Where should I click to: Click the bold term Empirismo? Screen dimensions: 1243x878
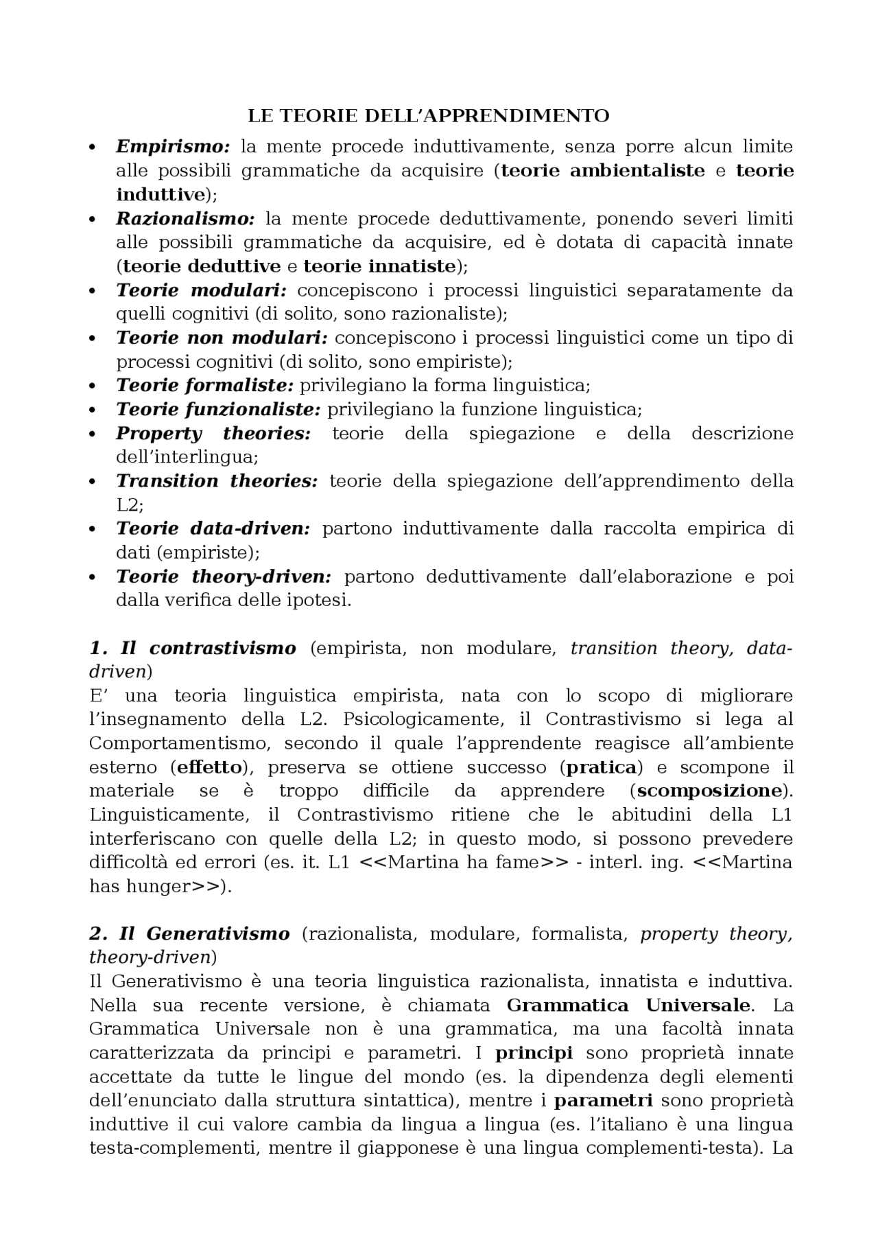[x=173, y=146]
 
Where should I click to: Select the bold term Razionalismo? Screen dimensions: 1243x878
[x=185, y=218]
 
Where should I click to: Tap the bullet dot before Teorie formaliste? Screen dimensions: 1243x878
[x=93, y=386]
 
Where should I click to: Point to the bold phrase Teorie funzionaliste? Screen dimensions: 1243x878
[x=218, y=410]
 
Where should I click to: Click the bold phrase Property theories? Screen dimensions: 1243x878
[x=213, y=434]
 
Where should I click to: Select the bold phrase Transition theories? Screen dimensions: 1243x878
[x=217, y=481]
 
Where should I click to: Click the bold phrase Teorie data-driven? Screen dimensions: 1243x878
[x=213, y=528]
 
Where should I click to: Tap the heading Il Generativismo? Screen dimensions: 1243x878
[x=204, y=933]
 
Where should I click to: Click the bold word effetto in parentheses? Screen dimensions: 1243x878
[x=210, y=767]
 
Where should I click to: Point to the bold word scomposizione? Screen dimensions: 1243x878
[x=709, y=791]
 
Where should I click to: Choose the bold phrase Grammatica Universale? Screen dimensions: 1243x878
[x=629, y=1006]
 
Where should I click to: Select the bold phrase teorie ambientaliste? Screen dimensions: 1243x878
[x=603, y=170]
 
